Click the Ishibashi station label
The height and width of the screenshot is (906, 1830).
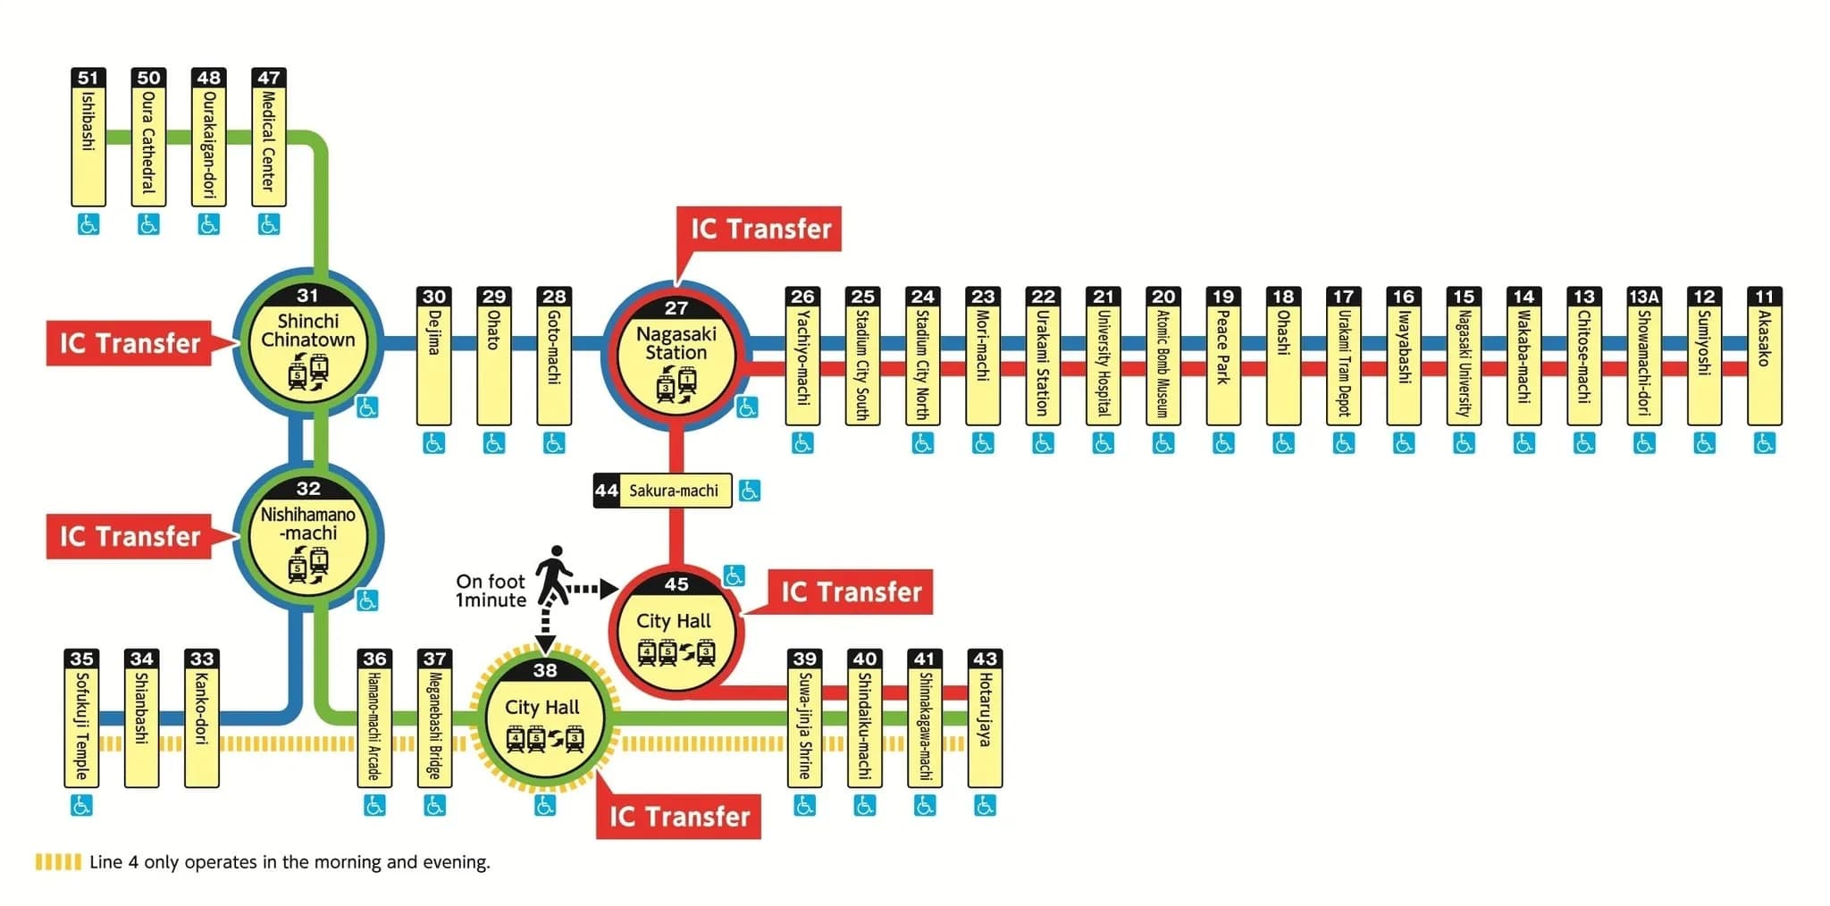pyautogui.click(x=88, y=143)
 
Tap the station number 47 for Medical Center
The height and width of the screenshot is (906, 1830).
pyautogui.click(x=268, y=78)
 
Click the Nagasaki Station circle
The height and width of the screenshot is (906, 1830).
pyautogui.click(x=676, y=354)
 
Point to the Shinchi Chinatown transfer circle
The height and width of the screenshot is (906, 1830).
pyautogui.click(x=308, y=344)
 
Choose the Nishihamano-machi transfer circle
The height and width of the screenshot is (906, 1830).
pyautogui.click(x=308, y=536)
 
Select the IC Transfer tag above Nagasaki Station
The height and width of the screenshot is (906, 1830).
pyautogui.click(x=760, y=229)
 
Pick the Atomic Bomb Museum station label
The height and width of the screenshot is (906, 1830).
pyautogui.click(x=1163, y=362)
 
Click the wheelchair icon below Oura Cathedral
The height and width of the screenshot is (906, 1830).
pyautogui.click(x=148, y=224)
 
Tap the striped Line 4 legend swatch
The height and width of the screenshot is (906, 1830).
pyautogui.click(x=58, y=862)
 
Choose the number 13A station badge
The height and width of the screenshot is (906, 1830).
pyautogui.click(x=1643, y=297)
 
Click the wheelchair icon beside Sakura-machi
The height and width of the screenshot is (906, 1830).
pyautogui.click(x=750, y=491)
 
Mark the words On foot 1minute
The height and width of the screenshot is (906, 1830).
pyautogui.click(x=491, y=591)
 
